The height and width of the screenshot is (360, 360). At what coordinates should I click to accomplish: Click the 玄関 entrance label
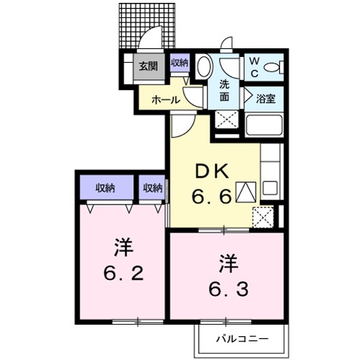pyautogui.click(x=147, y=66)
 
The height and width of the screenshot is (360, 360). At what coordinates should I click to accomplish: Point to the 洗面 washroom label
pyautogui.click(x=225, y=90)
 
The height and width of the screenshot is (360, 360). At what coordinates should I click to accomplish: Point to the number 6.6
pyautogui.click(x=211, y=196)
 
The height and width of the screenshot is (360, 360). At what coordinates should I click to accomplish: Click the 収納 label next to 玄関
pyautogui.click(x=179, y=63)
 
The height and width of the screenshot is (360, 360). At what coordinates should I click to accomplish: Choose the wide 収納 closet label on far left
pyautogui.click(x=106, y=188)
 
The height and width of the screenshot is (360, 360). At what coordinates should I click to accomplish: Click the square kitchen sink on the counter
pyautogui.click(x=269, y=189)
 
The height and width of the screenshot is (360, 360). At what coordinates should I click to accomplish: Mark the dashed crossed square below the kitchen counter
pyautogui.click(x=264, y=215)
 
